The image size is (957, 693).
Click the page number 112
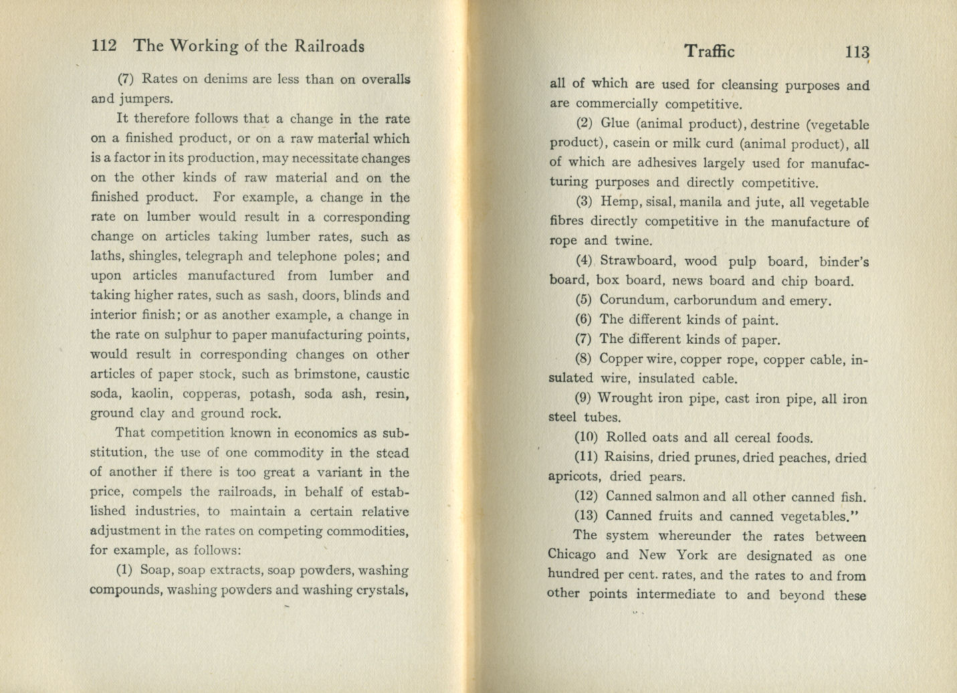(x=104, y=45)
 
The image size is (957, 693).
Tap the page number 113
(x=857, y=52)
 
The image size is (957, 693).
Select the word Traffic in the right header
(x=709, y=52)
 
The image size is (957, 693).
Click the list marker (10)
(x=587, y=438)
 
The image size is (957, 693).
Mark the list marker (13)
(x=587, y=516)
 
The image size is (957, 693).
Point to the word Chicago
(x=572, y=555)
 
